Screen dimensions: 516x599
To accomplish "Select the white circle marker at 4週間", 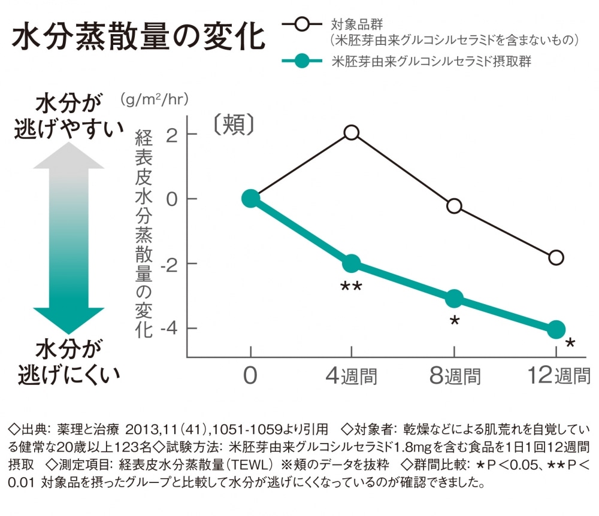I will point(352,132).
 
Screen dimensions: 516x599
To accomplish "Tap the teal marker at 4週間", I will point(352,263).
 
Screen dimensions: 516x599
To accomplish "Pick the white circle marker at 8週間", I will point(454,206).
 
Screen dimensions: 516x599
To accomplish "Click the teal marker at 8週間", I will point(454,298).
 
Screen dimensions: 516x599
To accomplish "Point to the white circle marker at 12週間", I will point(556,258).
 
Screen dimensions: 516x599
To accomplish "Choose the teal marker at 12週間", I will point(556,329).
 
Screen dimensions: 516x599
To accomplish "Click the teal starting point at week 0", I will point(250,199).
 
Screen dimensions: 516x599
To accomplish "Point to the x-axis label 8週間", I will point(455,377).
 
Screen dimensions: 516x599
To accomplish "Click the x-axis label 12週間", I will point(559,377).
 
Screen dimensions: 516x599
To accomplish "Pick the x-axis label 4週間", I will point(352,377).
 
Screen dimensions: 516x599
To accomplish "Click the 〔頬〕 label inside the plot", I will point(234,124).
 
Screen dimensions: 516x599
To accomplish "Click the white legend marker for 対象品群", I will point(303,26).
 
